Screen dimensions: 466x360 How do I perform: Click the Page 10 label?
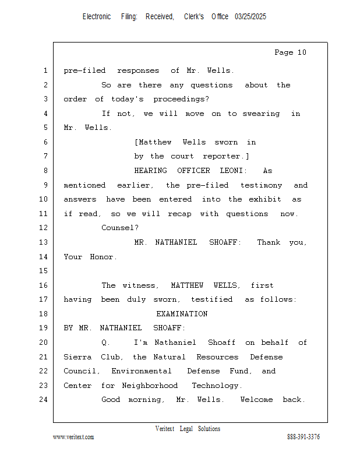[x=290, y=52]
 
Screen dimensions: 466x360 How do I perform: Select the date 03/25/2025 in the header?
[x=250, y=17]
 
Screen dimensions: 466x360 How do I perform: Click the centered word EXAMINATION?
[x=182, y=314]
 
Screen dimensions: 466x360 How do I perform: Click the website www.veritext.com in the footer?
[x=73, y=437]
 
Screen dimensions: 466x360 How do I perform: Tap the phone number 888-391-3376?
[x=303, y=437]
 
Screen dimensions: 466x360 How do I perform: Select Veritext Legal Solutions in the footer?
[x=188, y=429]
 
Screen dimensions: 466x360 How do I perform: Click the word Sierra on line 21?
[x=78, y=357]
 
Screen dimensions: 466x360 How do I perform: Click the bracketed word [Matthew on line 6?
[x=153, y=142]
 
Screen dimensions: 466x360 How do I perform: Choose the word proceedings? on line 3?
[x=181, y=99]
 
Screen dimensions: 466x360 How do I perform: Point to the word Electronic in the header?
[x=97, y=17]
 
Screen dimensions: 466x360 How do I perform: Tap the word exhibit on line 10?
[x=265, y=199]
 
